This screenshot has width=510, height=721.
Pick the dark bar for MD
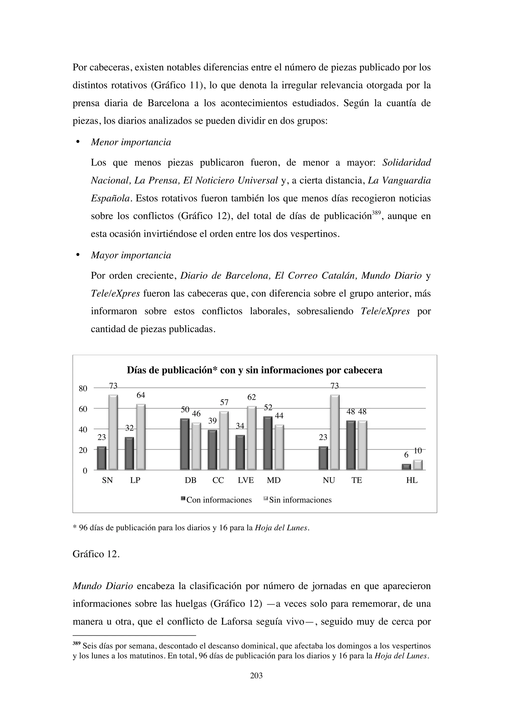pos(268,443)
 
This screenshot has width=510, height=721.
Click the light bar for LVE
pos(252,438)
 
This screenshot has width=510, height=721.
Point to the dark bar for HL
pos(406,467)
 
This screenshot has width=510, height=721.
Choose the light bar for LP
pos(141,437)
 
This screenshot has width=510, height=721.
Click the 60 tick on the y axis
pos(83,409)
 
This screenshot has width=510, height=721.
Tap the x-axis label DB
pos(190,481)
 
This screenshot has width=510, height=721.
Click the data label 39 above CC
pos(213,421)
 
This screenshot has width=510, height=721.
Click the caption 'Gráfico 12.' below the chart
pos(96,554)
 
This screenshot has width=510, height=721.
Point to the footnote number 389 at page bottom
pos(76,643)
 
